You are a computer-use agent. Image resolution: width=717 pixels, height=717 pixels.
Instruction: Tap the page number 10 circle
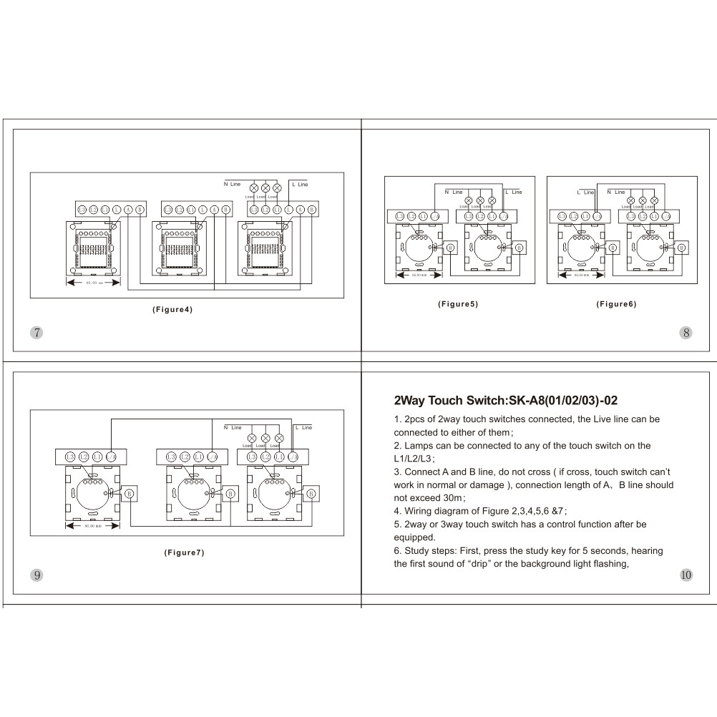coord(686,575)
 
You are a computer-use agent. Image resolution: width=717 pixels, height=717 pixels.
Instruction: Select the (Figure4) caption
coord(172,310)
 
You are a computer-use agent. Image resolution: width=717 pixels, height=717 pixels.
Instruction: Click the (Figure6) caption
coord(616,304)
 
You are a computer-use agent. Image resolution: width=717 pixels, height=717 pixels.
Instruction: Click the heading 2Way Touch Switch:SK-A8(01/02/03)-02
coord(501,401)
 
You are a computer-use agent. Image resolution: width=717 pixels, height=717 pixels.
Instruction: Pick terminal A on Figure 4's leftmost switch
coord(128,209)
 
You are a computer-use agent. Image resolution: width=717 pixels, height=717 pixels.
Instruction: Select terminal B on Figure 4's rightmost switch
coord(312,209)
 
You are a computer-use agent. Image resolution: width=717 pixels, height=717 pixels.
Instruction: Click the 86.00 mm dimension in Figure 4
coord(94,283)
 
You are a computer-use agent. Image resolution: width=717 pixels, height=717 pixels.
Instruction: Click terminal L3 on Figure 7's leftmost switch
coord(70,457)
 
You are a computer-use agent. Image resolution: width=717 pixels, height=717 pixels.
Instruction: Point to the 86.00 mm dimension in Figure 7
coord(92,526)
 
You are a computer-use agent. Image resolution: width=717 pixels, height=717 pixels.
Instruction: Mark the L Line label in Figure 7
coord(303,427)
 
